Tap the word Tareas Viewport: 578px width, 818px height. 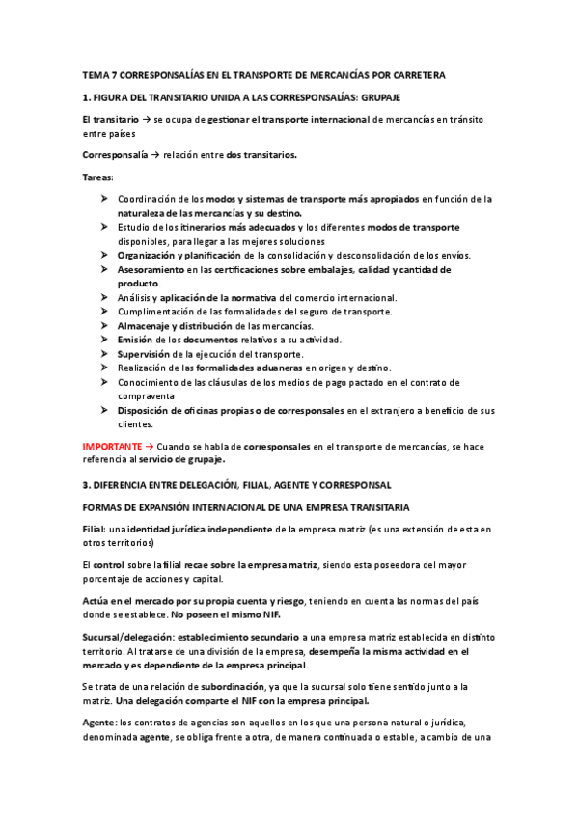[x=97, y=177]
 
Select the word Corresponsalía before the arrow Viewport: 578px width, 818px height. [x=115, y=154]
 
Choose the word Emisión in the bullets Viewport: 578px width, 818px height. [x=135, y=340]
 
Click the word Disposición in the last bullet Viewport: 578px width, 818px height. [x=148, y=410]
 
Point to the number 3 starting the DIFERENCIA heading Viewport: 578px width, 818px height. [x=85, y=484]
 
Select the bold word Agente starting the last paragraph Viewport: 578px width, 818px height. [x=98, y=722]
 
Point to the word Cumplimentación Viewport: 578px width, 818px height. [x=160, y=312]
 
